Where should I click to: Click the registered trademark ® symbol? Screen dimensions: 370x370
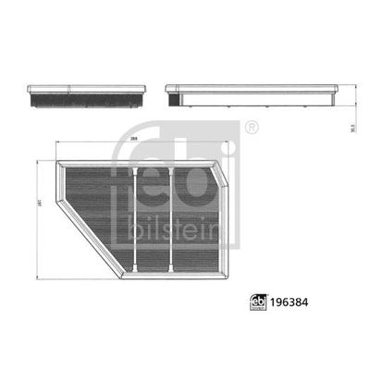tap(253, 124)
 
